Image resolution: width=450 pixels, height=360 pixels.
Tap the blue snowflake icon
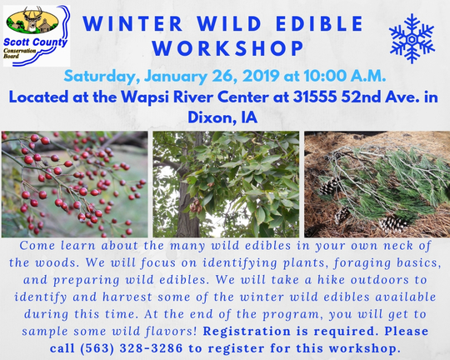pos(412,34)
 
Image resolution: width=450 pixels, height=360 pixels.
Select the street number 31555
pos(316,97)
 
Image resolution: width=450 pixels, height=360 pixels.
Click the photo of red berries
pos(75,183)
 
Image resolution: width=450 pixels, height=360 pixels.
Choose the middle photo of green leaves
pos(226,183)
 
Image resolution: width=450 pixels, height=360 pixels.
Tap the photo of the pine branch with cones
pos(376,183)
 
